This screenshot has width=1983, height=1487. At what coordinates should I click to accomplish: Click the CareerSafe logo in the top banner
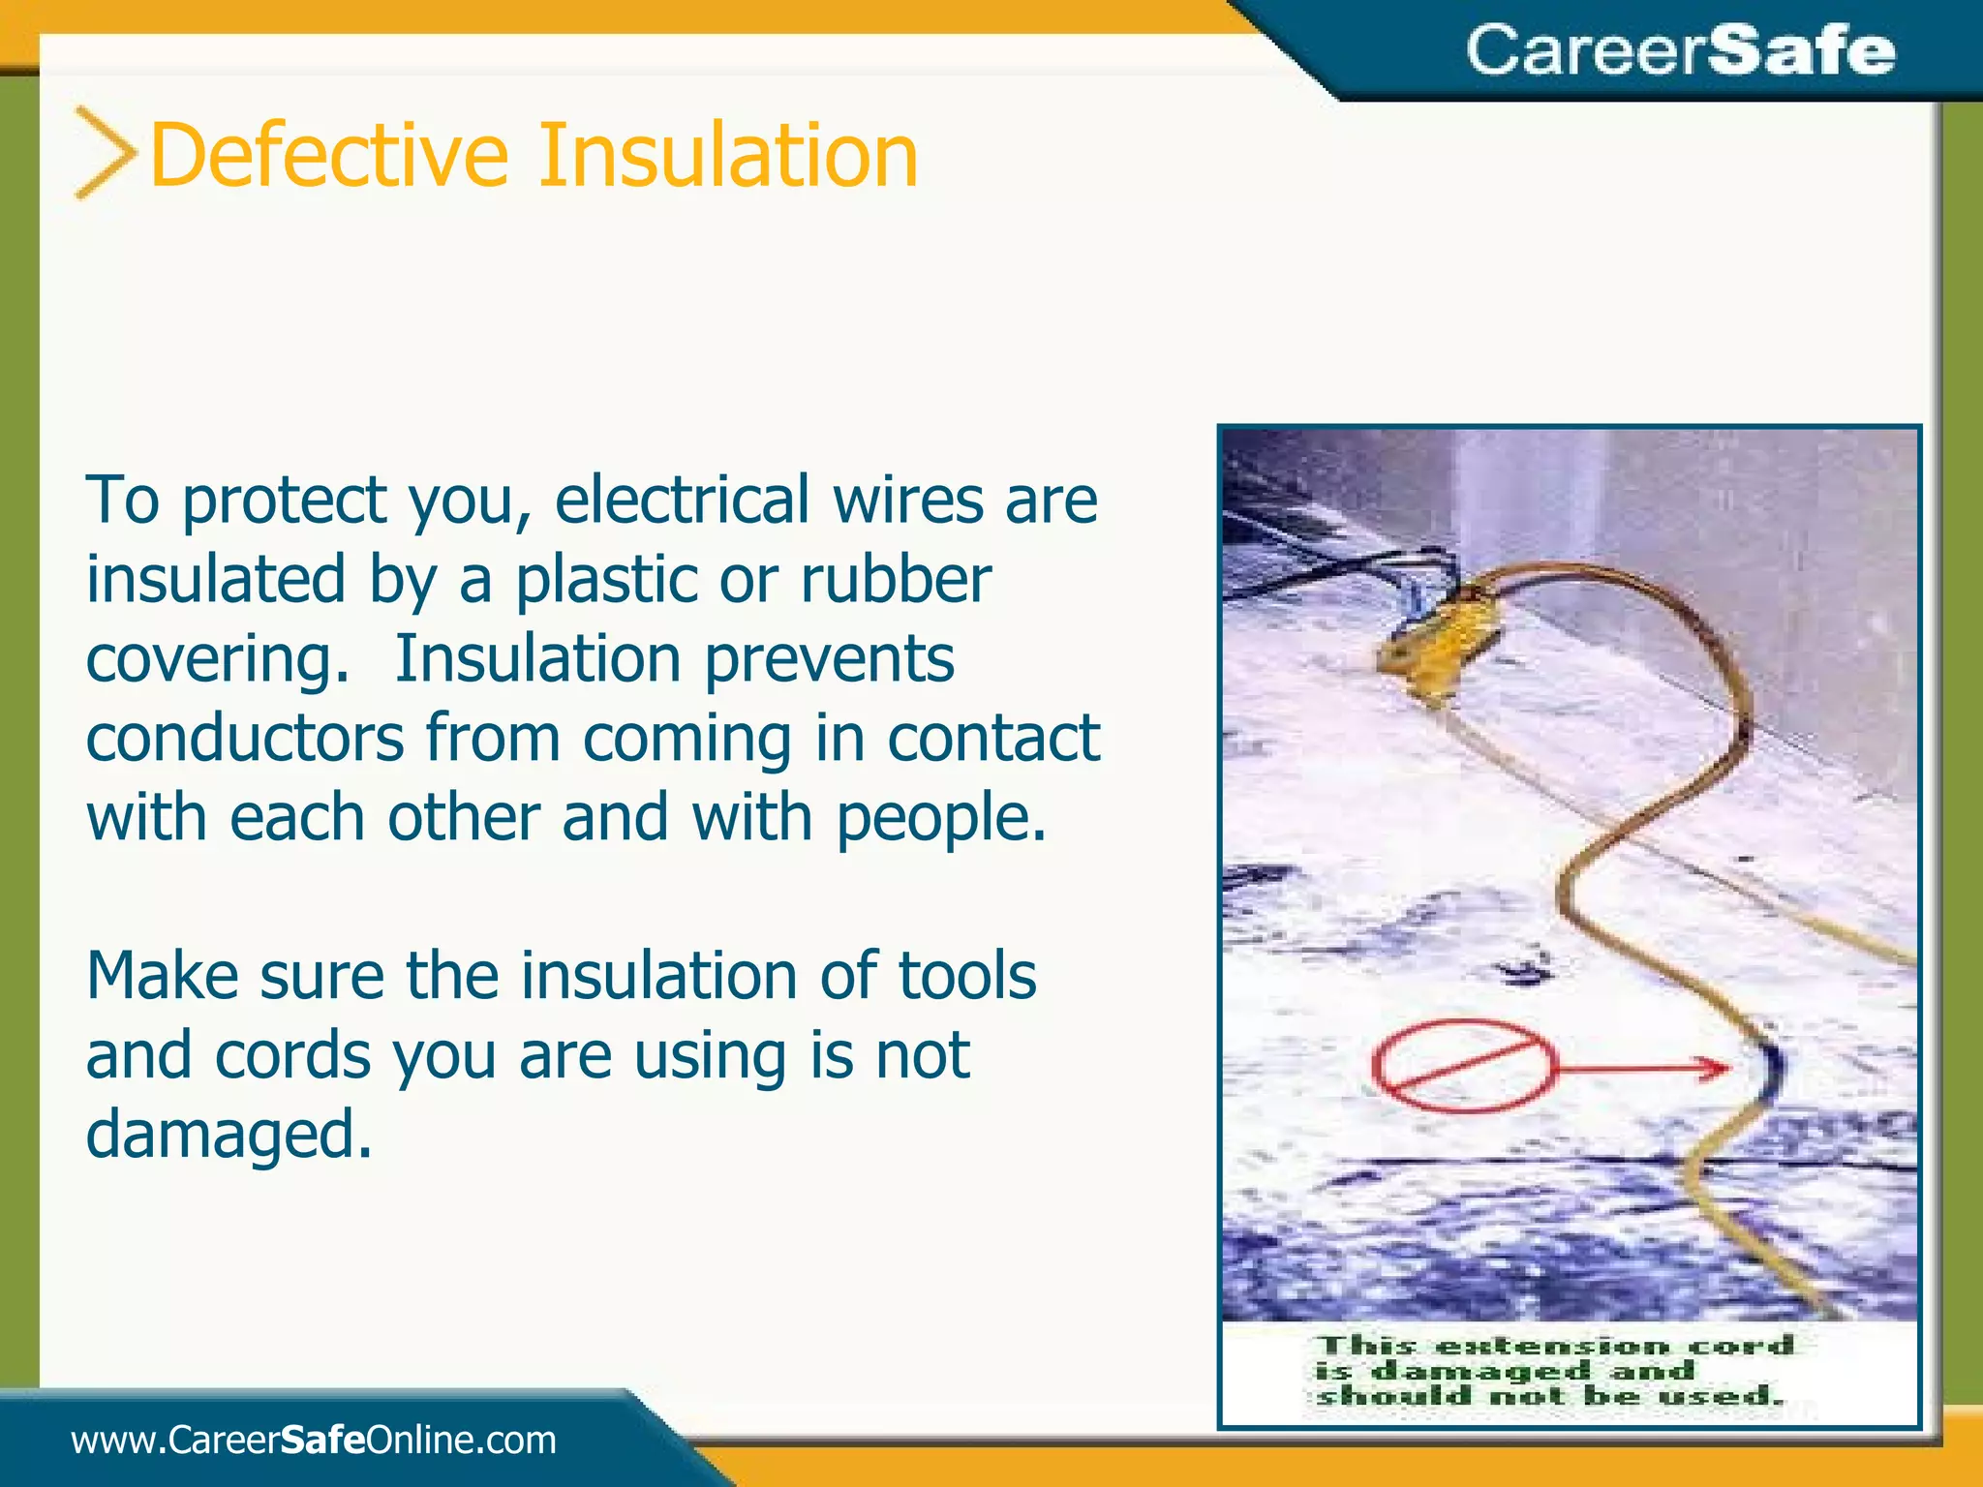pos(1680,50)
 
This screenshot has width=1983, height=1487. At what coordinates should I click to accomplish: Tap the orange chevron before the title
pos(105,153)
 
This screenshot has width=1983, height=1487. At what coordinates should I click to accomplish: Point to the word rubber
pos(895,580)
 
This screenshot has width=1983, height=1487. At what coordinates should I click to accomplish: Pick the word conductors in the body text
pos(245,739)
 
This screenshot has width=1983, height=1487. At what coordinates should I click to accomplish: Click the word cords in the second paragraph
pos(292,1055)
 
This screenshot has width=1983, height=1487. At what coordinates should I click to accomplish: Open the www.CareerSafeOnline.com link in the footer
pos(314,1441)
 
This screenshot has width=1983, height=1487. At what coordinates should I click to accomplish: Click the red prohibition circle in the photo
pos(1462,1067)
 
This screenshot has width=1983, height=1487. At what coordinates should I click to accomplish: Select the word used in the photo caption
pos(1718,1396)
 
